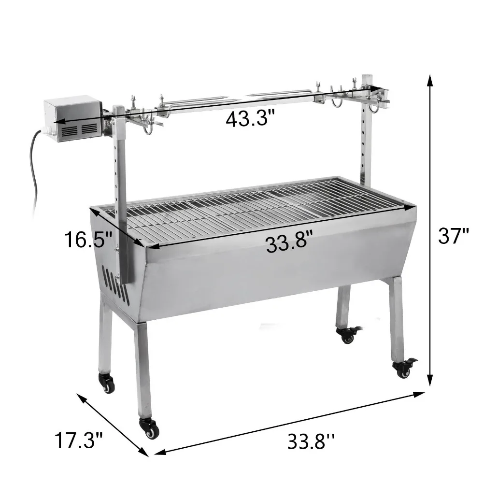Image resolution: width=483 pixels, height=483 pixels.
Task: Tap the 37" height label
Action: [x=453, y=236]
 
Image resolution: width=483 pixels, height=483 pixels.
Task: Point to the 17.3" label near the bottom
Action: [x=78, y=440]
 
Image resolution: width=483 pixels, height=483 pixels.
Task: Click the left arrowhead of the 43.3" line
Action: [x=57, y=122]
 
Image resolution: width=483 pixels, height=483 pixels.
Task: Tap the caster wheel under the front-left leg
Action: [x=149, y=427]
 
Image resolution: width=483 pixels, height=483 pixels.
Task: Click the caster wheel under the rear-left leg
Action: [x=107, y=383]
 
